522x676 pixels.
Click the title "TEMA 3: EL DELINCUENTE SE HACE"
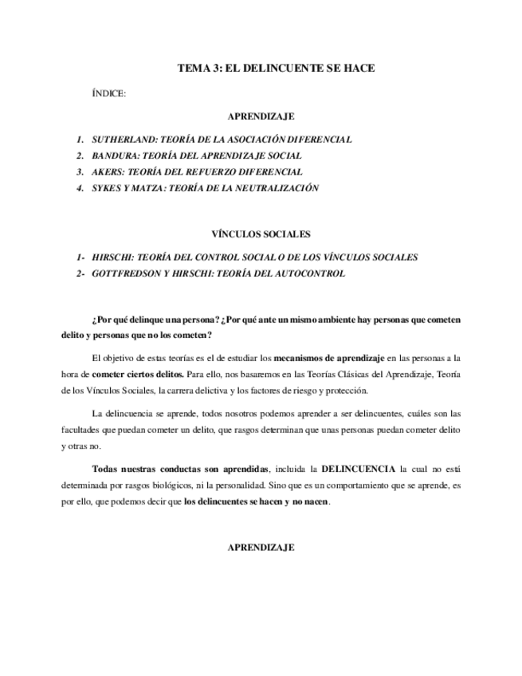(x=276, y=69)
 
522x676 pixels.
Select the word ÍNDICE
(x=109, y=94)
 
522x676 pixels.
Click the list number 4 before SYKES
(x=80, y=188)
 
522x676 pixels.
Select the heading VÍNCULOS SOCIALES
(x=261, y=234)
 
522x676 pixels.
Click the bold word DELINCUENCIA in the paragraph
(x=358, y=468)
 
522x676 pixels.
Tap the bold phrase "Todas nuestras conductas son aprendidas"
(x=180, y=468)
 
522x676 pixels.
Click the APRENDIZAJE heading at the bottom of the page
(x=261, y=548)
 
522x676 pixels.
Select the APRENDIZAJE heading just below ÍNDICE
(x=261, y=116)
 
